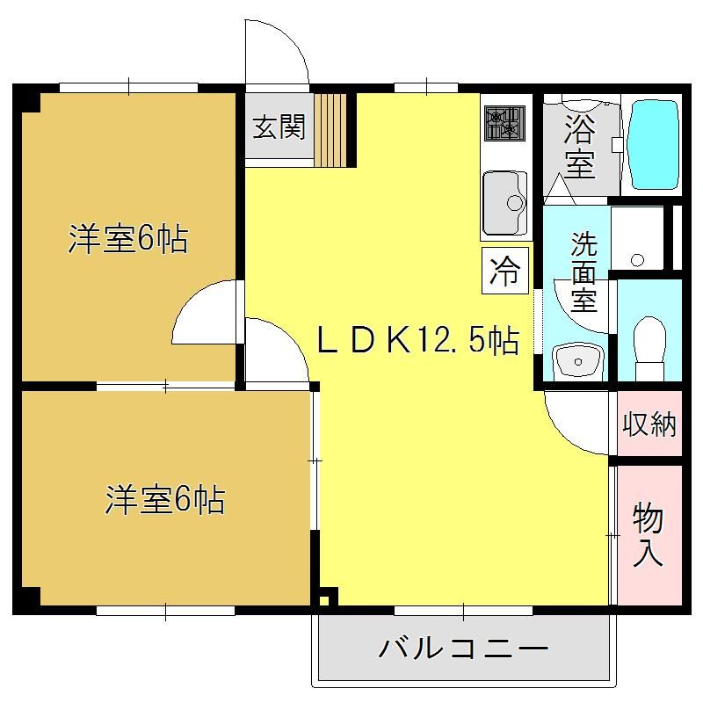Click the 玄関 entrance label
coord(279,127)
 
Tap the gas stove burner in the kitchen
coord(504,123)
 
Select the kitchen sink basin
coord(504,203)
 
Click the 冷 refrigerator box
coord(504,271)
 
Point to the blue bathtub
coord(653,145)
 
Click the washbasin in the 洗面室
coord(577,360)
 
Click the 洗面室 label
coord(584,272)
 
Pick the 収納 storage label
coord(649,424)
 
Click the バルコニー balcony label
coord(464,649)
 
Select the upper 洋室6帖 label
coord(127,239)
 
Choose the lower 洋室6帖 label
coord(165,499)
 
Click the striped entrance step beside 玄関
coord(330,130)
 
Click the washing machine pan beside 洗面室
coord(637,238)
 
